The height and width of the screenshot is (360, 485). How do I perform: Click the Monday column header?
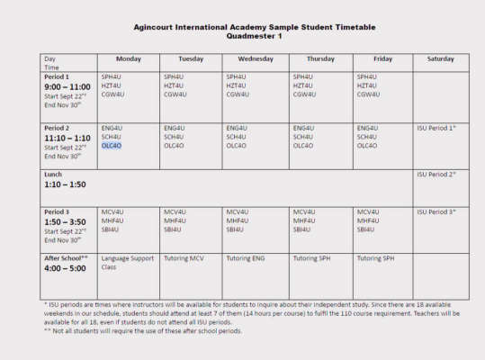coord(129,59)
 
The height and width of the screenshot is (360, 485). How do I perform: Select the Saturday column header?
coord(440,59)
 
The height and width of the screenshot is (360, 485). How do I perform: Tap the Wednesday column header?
coord(254,59)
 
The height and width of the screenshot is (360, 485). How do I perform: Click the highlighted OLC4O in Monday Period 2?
coord(112,145)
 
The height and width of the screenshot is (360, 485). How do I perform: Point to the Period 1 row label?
coord(58,77)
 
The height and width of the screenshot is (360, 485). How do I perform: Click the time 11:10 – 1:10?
coord(67,138)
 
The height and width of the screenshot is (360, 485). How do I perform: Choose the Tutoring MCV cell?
coord(184,258)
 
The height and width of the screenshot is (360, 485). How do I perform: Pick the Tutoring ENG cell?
coord(246,258)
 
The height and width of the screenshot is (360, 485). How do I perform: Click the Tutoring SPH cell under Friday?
coord(375,258)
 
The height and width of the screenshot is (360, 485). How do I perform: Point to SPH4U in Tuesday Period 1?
coord(174,77)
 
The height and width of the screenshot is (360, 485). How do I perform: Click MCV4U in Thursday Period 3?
coord(303,212)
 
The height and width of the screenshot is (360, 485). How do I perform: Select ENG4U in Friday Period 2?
coord(367,128)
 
